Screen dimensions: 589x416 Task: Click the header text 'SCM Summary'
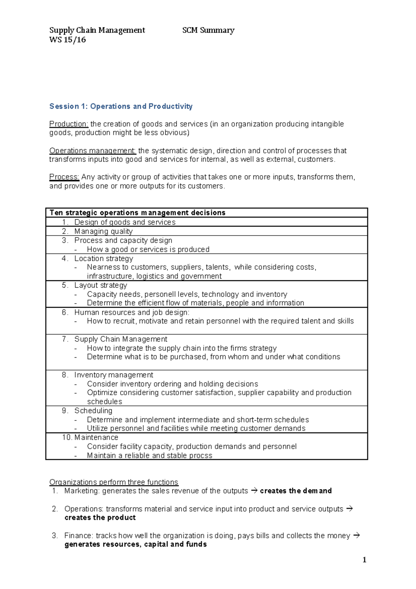[208, 30]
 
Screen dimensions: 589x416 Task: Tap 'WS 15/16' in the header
[68, 40]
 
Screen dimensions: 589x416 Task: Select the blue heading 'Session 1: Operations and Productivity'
[121, 106]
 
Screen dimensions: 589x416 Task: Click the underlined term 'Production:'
[69, 124]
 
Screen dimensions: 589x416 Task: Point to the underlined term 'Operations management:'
[93, 151]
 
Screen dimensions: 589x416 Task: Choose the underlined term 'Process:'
[64, 177]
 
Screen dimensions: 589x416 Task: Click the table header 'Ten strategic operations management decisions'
[137, 213]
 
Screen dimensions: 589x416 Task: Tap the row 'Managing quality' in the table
[103, 231]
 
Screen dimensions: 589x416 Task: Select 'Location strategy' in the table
[104, 258]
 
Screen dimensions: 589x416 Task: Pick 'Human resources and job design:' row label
[132, 312]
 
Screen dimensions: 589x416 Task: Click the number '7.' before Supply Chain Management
[65, 339]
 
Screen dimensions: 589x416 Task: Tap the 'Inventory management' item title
[114, 375]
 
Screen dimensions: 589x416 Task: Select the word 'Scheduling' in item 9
[93, 411]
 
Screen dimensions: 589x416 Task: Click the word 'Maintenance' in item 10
[96, 437]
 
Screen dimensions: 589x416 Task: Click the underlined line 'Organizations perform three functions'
[114, 482]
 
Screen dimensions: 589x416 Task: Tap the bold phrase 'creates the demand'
[296, 491]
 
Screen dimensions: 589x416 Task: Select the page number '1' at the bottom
[364, 560]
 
